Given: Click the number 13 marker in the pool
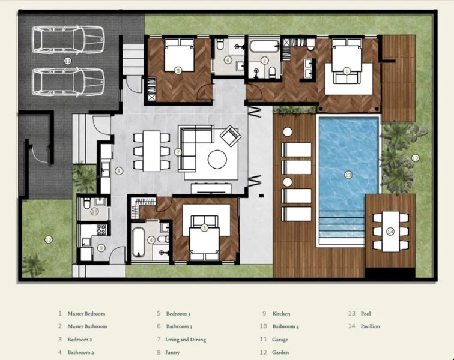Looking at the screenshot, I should (348, 175).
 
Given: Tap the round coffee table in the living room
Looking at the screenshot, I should (217, 159).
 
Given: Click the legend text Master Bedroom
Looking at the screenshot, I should (87, 313).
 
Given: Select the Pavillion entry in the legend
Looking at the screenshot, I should (370, 326).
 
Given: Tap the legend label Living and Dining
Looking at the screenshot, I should (185, 340).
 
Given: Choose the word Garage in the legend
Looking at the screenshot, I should (280, 340).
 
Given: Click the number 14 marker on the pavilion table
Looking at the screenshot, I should (390, 231).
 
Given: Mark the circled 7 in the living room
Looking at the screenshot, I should (178, 152).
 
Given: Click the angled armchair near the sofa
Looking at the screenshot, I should (231, 136).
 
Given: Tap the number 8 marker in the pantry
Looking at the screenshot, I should (119, 171).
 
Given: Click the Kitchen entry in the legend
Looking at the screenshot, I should (281, 313).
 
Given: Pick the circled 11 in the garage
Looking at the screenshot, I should (67, 61).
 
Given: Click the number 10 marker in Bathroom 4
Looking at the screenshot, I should (95, 211).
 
